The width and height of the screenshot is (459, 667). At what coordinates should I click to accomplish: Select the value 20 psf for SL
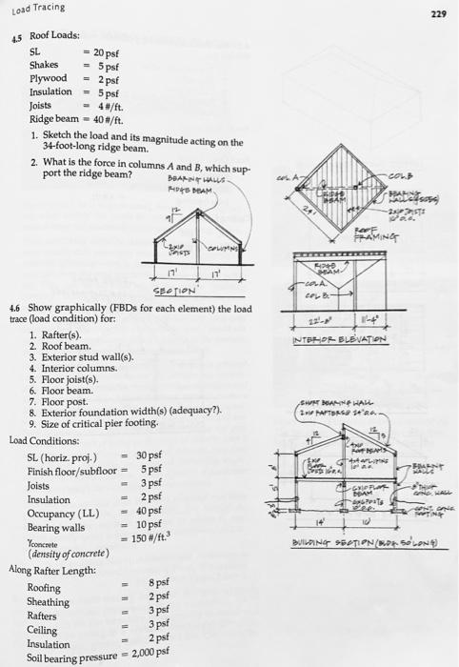pos(104,53)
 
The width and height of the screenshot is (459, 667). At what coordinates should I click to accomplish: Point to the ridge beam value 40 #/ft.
pos(103,119)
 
